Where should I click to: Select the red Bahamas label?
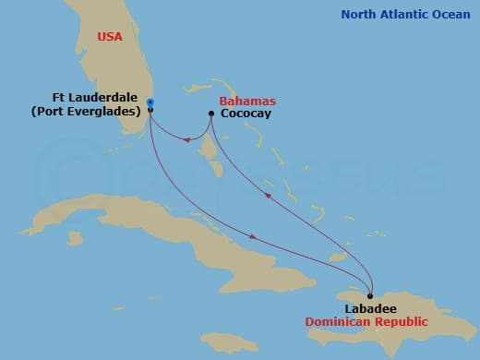pyautogui.click(x=247, y=101)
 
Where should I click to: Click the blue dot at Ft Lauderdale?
pyautogui.click(x=150, y=102)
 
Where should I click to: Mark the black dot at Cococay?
pyautogui.click(x=212, y=114)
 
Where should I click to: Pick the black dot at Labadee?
pyautogui.click(x=370, y=296)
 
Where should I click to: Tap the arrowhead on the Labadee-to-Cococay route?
pyautogui.click(x=268, y=195)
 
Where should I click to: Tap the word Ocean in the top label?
pyautogui.click(x=452, y=14)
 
